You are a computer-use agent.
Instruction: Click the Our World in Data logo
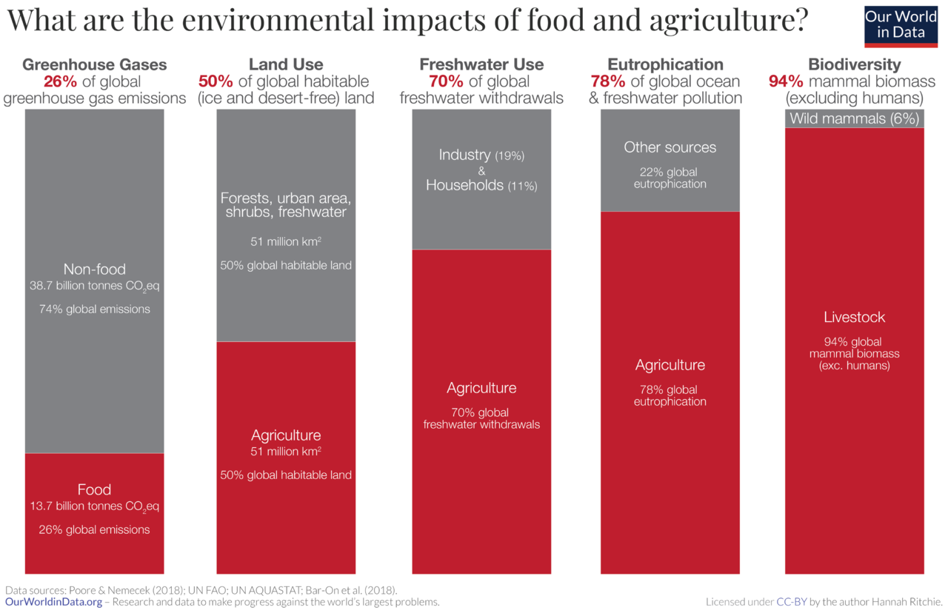901,24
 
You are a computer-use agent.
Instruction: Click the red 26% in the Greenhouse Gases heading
60,81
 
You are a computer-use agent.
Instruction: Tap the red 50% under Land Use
215,81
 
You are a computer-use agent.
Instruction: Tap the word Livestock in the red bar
855,318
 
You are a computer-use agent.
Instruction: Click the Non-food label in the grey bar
94,269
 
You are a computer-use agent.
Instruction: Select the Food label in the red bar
94,489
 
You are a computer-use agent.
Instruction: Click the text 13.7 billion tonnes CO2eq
94,507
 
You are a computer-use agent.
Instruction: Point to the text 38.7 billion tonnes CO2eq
94,286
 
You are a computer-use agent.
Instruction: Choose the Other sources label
670,147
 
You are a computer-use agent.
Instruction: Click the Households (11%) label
481,186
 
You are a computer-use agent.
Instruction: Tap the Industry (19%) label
481,155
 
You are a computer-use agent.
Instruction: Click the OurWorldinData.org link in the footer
53,602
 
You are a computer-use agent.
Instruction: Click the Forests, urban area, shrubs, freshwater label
285,206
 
